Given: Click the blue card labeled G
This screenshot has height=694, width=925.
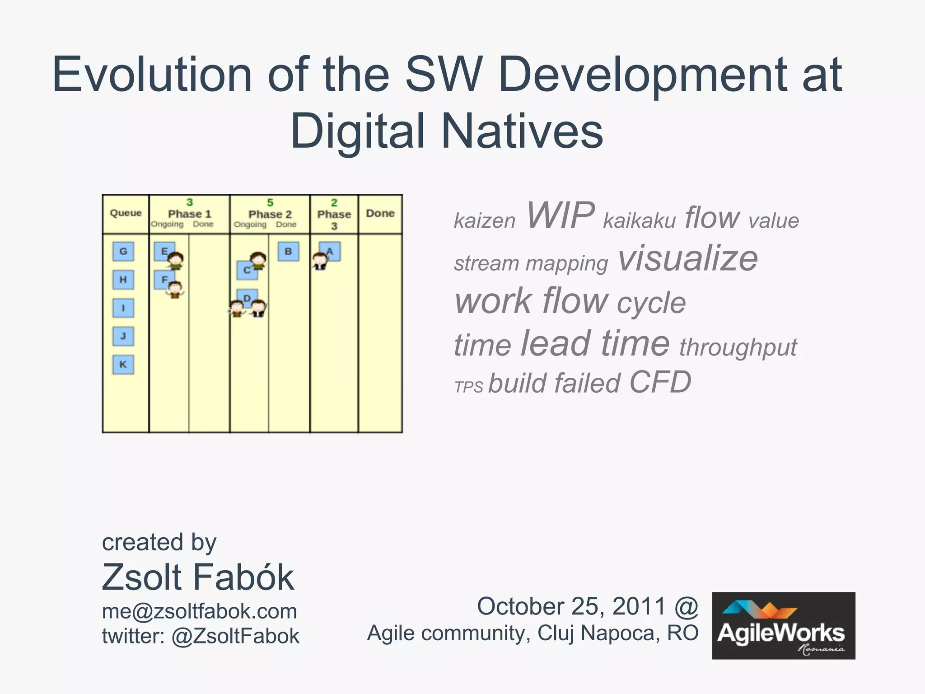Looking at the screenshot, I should (x=123, y=251).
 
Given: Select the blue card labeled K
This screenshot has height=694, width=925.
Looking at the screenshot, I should (x=123, y=365).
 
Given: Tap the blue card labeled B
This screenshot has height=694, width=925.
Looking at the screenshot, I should (x=288, y=252).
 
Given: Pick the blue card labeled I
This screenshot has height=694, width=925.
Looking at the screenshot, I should (x=123, y=308).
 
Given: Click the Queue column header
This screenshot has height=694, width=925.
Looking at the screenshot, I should (x=126, y=213).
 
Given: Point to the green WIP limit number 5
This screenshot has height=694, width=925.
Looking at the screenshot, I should (x=270, y=202).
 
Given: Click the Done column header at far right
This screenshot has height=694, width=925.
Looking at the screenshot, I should (x=380, y=213).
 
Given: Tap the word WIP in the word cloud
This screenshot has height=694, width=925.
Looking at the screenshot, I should (x=560, y=216).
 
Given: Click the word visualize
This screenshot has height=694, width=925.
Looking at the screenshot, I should (x=687, y=258).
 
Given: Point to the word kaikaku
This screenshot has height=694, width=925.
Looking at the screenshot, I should (x=639, y=221).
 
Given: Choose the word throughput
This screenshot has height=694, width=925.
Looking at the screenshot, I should (x=738, y=347).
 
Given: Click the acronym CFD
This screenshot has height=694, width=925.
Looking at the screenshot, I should (x=660, y=382).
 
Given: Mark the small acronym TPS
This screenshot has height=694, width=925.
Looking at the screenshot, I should (x=468, y=387).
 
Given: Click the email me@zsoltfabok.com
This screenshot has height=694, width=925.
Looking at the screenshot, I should (x=199, y=611).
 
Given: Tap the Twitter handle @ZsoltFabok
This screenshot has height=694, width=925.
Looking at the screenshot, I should (x=235, y=636).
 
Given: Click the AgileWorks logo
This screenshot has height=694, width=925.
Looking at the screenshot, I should (x=783, y=626).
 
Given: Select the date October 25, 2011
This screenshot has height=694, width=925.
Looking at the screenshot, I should (x=571, y=606).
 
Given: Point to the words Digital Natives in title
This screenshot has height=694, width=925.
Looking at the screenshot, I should (x=447, y=131).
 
